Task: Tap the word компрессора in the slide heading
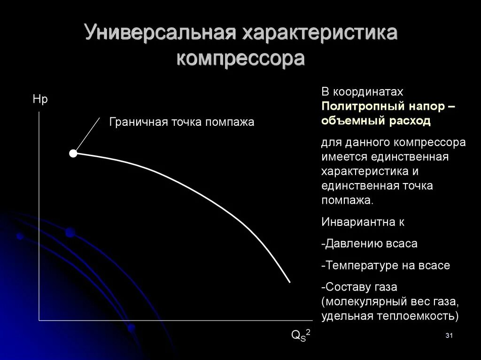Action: click(x=240, y=60)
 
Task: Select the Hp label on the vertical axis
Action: click(x=40, y=100)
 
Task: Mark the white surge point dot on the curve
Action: click(x=73, y=153)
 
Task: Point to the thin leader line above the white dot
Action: click(x=88, y=133)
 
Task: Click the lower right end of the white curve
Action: click(x=289, y=282)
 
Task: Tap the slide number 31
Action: click(x=448, y=336)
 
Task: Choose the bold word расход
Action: click(x=409, y=121)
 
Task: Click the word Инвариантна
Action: click(x=357, y=222)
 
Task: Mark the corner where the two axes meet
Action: click(x=39, y=321)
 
